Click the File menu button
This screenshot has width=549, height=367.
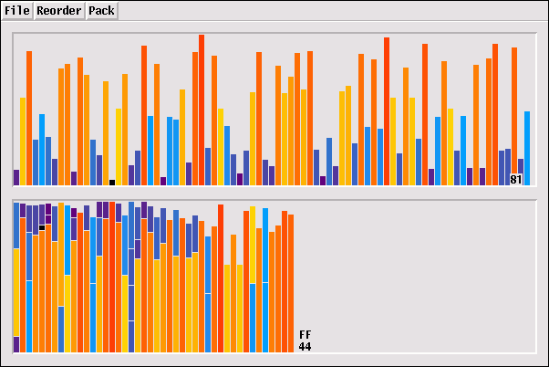(x=17, y=11)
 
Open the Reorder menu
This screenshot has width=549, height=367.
(x=59, y=11)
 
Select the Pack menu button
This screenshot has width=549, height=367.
(x=101, y=11)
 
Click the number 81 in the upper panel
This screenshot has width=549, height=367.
(x=516, y=180)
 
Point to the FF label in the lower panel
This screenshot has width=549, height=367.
(x=305, y=335)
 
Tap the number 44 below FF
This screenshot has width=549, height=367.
(x=305, y=347)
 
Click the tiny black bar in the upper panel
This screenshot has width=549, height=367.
(x=112, y=182)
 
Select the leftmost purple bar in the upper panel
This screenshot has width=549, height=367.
(x=16, y=177)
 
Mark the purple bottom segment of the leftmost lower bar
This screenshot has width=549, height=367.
(x=16, y=344)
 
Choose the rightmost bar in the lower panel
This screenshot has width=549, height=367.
(x=292, y=282)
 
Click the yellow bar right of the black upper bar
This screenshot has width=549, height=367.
(x=119, y=146)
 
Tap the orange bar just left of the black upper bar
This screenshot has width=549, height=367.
(x=106, y=132)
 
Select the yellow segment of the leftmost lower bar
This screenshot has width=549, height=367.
(x=16, y=292)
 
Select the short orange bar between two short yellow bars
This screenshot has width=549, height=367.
(x=233, y=293)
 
